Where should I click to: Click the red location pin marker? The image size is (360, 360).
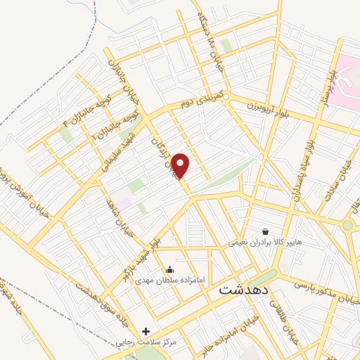[181, 165]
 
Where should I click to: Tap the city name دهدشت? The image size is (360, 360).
[242, 289]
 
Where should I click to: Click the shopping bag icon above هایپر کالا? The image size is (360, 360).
[265, 231]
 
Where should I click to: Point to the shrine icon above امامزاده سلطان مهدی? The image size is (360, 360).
[169, 268]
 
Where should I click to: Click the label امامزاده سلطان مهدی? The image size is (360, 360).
[170, 280]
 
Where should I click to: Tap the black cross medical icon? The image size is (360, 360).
[146, 330]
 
